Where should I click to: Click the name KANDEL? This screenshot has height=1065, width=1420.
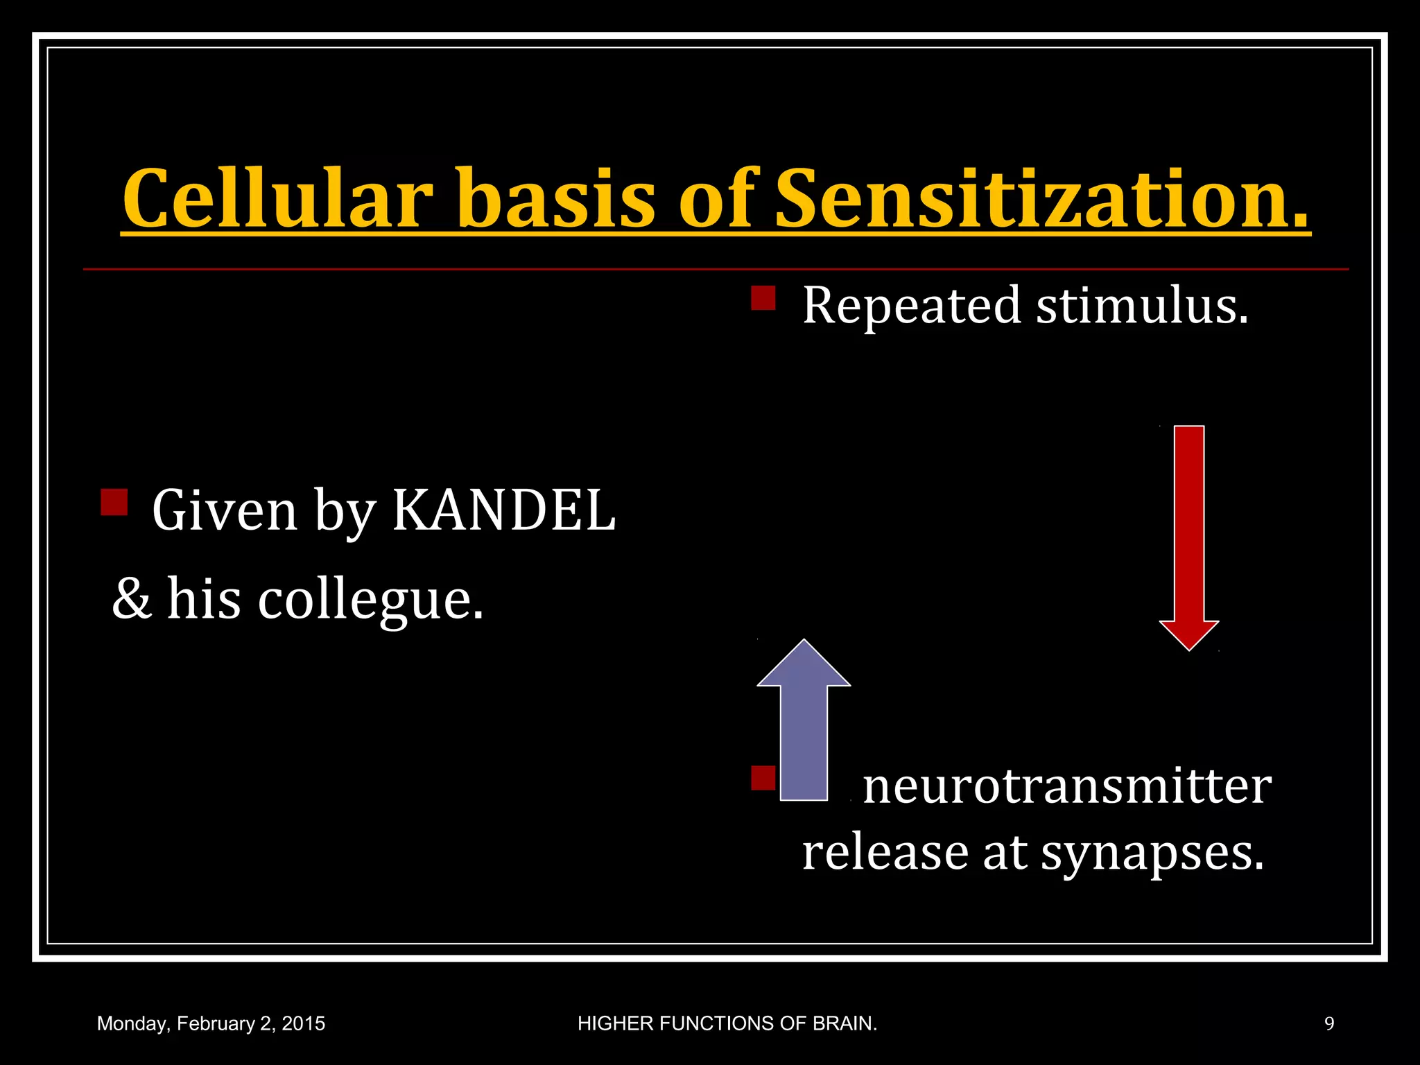[x=503, y=511]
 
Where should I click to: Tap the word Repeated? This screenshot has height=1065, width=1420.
[x=911, y=306]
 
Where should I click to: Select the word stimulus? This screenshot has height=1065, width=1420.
[x=1142, y=306]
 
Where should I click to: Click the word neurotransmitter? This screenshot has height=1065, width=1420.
[x=1066, y=788]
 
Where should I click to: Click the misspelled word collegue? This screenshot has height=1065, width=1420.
[x=371, y=600]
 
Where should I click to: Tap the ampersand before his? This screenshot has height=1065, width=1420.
[x=132, y=600]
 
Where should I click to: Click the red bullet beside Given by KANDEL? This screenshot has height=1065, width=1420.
[x=114, y=502]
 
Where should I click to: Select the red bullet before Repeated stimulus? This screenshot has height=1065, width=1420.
[x=763, y=298]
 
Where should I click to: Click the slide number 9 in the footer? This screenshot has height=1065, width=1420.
[x=1329, y=1024]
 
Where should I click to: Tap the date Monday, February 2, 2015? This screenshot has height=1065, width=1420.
[x=211, y=1024]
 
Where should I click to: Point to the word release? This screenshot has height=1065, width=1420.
[x=885, y=854]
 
